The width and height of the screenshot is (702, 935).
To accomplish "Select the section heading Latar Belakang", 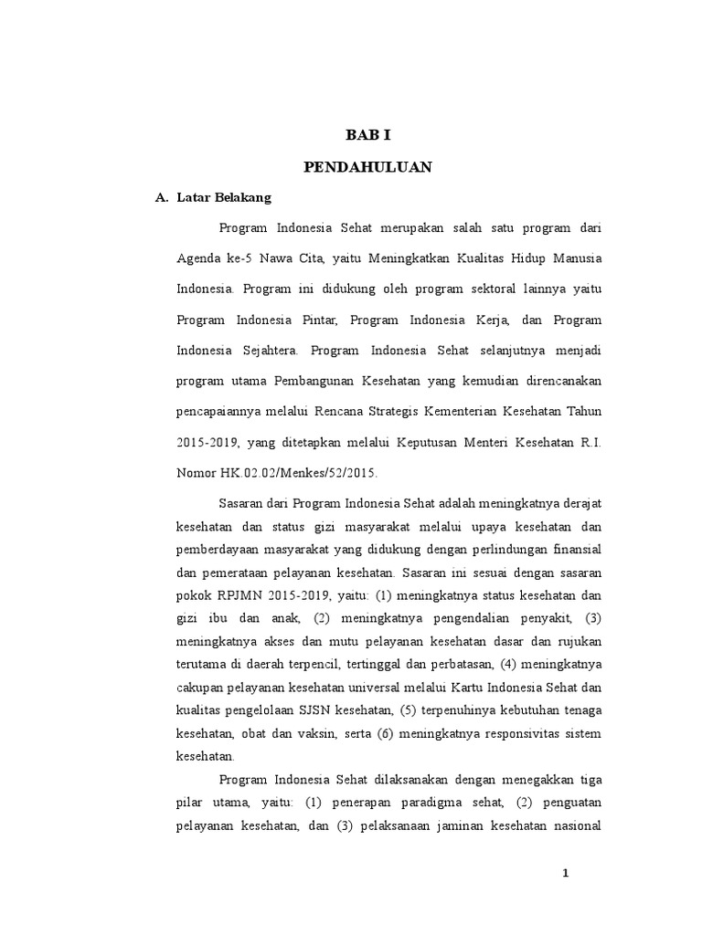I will (x=219, y=197).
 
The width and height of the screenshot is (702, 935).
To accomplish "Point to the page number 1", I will (x=566, y=873).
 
